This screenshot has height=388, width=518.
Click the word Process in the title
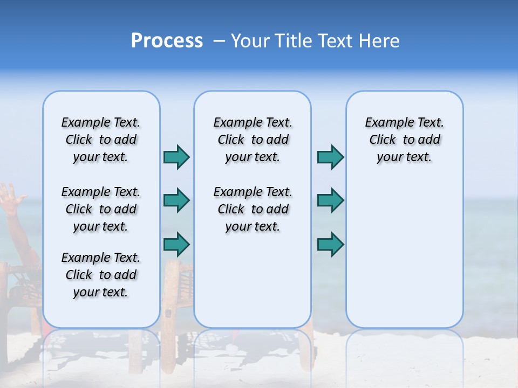pyautogui.click(x=167, y=41)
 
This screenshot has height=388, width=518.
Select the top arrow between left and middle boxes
pyautogui.click(x=176, y=157)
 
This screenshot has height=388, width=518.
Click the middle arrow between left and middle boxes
pyautogui.click(x=176, y=200)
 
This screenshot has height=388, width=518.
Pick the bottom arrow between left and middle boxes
pyautogui.click(x=176, y=244)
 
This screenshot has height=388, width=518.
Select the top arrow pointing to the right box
pyautogui.click(x=330, y=157)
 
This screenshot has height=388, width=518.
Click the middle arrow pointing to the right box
pyautogui.click(x=330, y=200)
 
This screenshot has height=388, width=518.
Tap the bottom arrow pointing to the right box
pyautogui.click(x=330, y=244)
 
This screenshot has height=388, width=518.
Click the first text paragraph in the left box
pyautogui.click(x=101, y=140)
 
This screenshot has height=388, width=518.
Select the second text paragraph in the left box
pyautogui.click(x=101, y=209)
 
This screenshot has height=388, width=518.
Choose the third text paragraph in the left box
pyautogui.click(x=101, y=275)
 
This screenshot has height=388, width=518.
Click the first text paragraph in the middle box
pyautogui.click(x=253, y=140)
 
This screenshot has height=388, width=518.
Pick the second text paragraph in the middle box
pyautogui.click(x=253, y=209)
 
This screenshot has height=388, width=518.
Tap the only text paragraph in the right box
pyautogui.click(x=404, y=140)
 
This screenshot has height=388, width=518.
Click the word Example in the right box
pyautogui.click(x=384, y=123)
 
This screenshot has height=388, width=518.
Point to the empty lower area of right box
pyautogui.click(x=404, y=259)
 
